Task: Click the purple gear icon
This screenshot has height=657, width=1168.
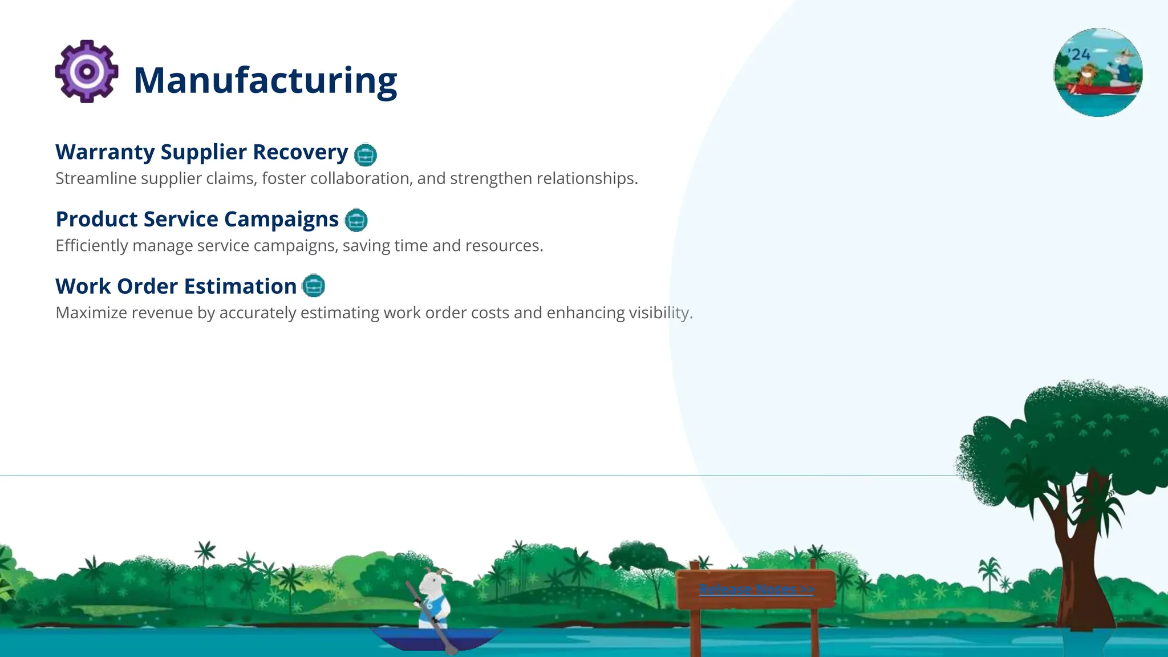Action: pyautogui.click(x=87, y=72)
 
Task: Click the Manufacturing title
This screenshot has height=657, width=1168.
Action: pyautogui.click(x=265, y=80)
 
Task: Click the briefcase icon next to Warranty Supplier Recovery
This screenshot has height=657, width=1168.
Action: pyautogui.click(x=365, y=155)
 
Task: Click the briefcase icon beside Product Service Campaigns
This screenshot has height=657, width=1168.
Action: pyautogui.click(x=356, y=220)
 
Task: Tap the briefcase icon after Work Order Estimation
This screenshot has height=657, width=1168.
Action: pyautogui.click(x=313, y=286)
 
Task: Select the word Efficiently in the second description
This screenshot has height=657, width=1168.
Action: pyautogui.click(x=92, y=246)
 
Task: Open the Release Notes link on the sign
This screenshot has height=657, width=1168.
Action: pyautogui.click(x=756, y=589)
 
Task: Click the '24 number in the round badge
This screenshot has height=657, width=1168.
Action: pyautogui.click(x=1080, y=55)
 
